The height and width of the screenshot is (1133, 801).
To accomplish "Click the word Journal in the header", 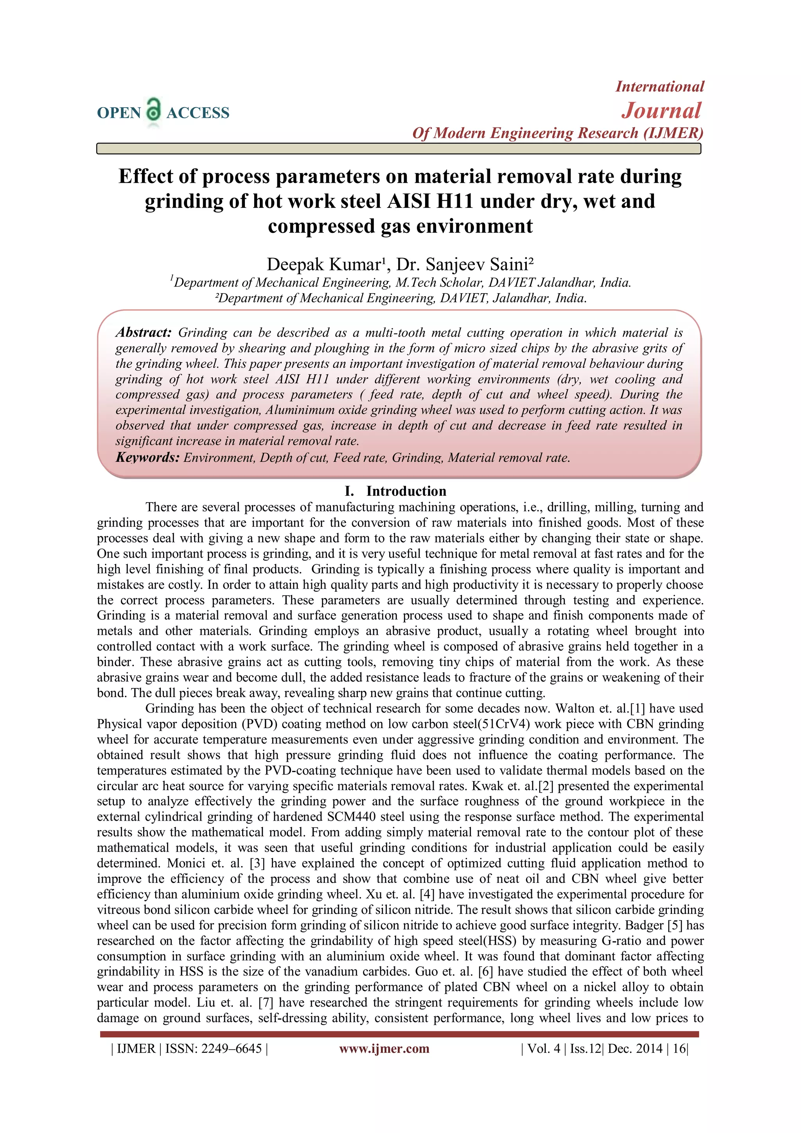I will pyautogui.click(x=661, y=110).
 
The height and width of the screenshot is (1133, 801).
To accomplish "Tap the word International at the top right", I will pyautogui.click(x=659, y=87).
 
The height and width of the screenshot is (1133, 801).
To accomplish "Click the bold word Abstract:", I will pyautogui.click(x=144, y=333).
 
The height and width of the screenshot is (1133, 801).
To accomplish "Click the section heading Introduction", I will pyautogui.click(x=406, y=491).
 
